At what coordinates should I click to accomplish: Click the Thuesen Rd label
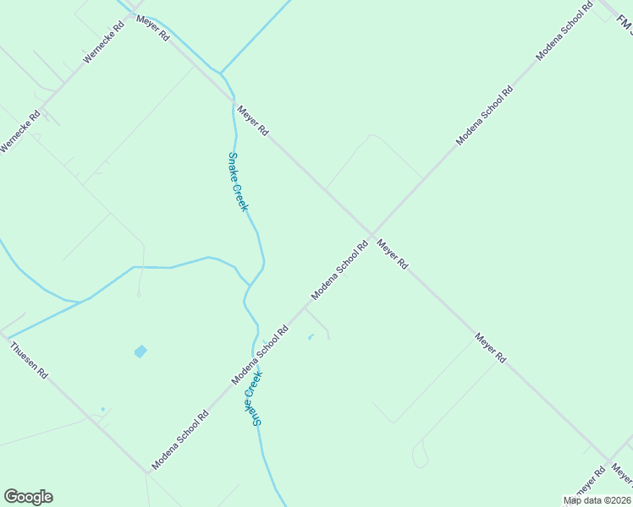point(29,359)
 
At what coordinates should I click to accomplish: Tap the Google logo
point(28,497)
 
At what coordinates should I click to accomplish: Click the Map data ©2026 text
point(597,500)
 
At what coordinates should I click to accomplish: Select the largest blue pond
point(140,351)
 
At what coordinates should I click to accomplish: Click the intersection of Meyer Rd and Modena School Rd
point(371,234)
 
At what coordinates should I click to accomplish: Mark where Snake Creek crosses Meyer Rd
point(229,95)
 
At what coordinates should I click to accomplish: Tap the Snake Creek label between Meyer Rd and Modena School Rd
point(239,182)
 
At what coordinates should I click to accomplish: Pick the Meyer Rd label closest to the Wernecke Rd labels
point(153,29)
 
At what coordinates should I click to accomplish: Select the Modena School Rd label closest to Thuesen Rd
point(180,440)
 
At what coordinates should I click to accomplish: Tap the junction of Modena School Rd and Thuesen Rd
point(146,472)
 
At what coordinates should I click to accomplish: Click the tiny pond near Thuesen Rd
point(102,410)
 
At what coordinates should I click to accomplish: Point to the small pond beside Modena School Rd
point(311,338)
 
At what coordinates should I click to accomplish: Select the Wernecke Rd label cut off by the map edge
point(19,133)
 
